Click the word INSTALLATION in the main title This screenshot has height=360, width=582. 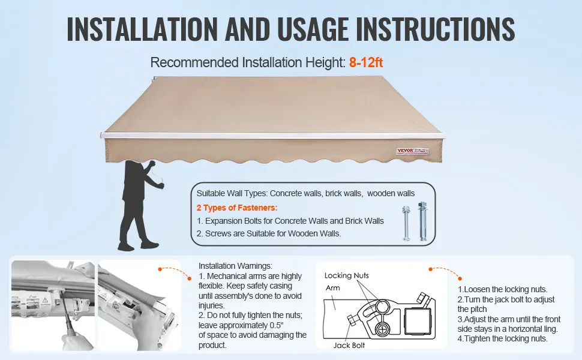pyautogui.click(x=142, y=29)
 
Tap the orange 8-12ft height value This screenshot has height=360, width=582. pyautogui.click(x=366, y=62)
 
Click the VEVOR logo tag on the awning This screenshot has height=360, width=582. pyautogui.click(x=412, y=151)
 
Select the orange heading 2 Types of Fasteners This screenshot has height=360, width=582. pyautogui.click(x=237, y=208)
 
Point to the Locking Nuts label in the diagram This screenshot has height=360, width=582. pyautogui.click(x=346, y=275)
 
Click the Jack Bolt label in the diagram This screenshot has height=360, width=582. pyautogui.click(x=349, y=345)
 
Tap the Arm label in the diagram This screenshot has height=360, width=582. pyautogui.click(x=332, y=287)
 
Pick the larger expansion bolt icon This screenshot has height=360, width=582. pyautogui.click(x=422, y=221)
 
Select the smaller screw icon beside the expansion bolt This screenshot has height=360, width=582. pyautogui.click(x=406, y=223)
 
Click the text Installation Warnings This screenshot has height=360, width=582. pyautogui.click(x=235, y=266)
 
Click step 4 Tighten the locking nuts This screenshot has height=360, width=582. pyautogui.click(x=503, y=338)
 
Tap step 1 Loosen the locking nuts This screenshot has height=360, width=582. pyautogui.click(x=503, y=289)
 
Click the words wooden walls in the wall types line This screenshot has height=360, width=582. pyautogui.click(x=391, y=193)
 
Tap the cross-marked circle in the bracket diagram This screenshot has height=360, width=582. pyautogui.click(x=382, y=329)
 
